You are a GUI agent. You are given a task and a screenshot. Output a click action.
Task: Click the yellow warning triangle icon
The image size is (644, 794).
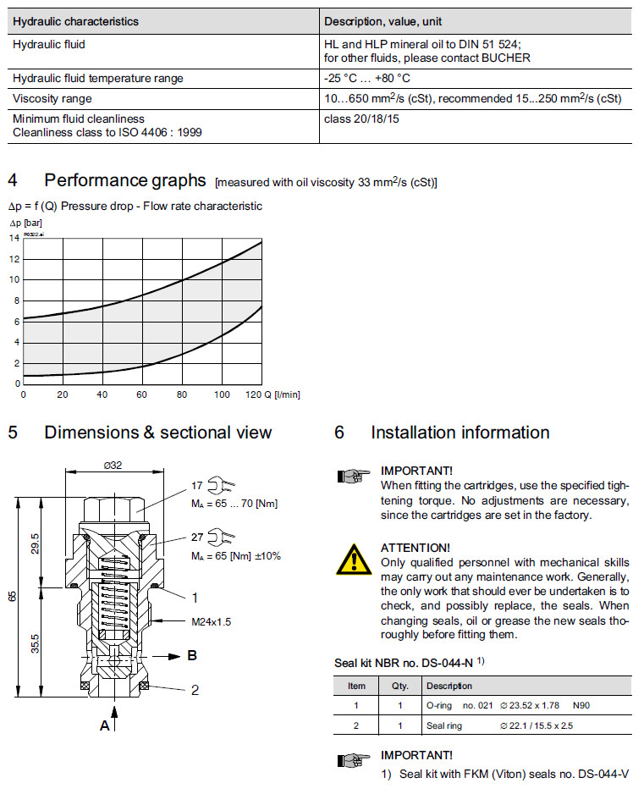click(x=354, y=560)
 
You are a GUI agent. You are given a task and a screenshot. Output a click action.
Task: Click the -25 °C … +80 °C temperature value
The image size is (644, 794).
click(x=366, y=79)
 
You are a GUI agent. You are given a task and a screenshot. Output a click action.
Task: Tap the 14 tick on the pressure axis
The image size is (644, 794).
click(x=14, y=238)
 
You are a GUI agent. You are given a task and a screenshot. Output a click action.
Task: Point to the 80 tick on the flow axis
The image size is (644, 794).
click(x=181, y=394)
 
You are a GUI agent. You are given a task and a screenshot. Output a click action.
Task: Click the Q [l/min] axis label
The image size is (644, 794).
click(x=283, y=394)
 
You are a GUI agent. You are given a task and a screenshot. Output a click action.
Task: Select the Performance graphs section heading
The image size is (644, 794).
click(x=125, y=180)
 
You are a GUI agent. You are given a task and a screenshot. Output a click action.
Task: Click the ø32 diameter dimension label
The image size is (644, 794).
click(x=114, y=464)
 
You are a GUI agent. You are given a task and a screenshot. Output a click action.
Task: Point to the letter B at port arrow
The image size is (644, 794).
click(x=192, y=655)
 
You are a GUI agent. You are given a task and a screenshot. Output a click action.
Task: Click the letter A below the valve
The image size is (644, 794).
click(x=105, y=725)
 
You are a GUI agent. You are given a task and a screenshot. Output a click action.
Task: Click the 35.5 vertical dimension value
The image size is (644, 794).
click(x=35, y=643)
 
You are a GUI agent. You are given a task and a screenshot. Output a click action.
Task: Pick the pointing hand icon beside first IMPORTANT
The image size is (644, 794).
click(x=353, y=476)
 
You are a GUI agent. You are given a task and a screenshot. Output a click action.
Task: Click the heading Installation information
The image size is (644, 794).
click(x=460, y=433)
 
